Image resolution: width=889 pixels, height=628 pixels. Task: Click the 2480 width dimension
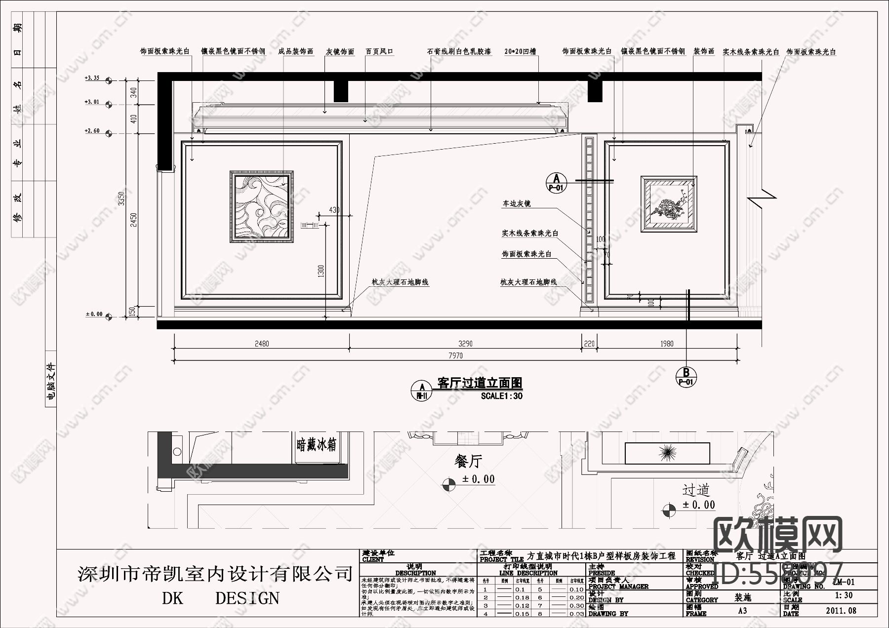point(262,344)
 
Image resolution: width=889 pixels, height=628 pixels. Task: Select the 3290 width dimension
point(465,344)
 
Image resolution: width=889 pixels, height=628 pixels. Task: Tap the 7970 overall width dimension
point(455,355)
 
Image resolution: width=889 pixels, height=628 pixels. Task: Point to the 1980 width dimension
point(667,344)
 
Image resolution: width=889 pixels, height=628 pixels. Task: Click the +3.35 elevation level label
point(92,78)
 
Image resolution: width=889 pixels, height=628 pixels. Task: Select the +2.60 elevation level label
point(92,131)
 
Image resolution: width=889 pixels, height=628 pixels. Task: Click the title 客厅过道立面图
point(480,383)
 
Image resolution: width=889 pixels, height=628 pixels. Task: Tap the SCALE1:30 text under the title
point(501,396)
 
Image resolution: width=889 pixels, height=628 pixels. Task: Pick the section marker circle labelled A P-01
point(557,182)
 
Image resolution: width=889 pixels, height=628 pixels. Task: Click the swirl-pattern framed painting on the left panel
point(261,206)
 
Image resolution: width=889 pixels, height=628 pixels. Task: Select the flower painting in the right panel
point(669,203)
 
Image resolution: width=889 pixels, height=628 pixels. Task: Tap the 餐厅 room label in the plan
point(468,462)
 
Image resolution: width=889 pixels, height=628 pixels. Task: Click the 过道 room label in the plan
point(696,490)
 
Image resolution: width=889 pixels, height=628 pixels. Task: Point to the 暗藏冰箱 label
point(317,445)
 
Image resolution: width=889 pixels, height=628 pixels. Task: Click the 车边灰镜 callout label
point(517,203)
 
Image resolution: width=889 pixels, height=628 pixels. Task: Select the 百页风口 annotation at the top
point(379,51)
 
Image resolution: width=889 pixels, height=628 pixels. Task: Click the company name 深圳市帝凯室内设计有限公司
point(215,574)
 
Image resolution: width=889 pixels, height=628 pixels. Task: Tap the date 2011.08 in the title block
point(841,611)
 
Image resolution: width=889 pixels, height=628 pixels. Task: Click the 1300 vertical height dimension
point(321,271)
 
